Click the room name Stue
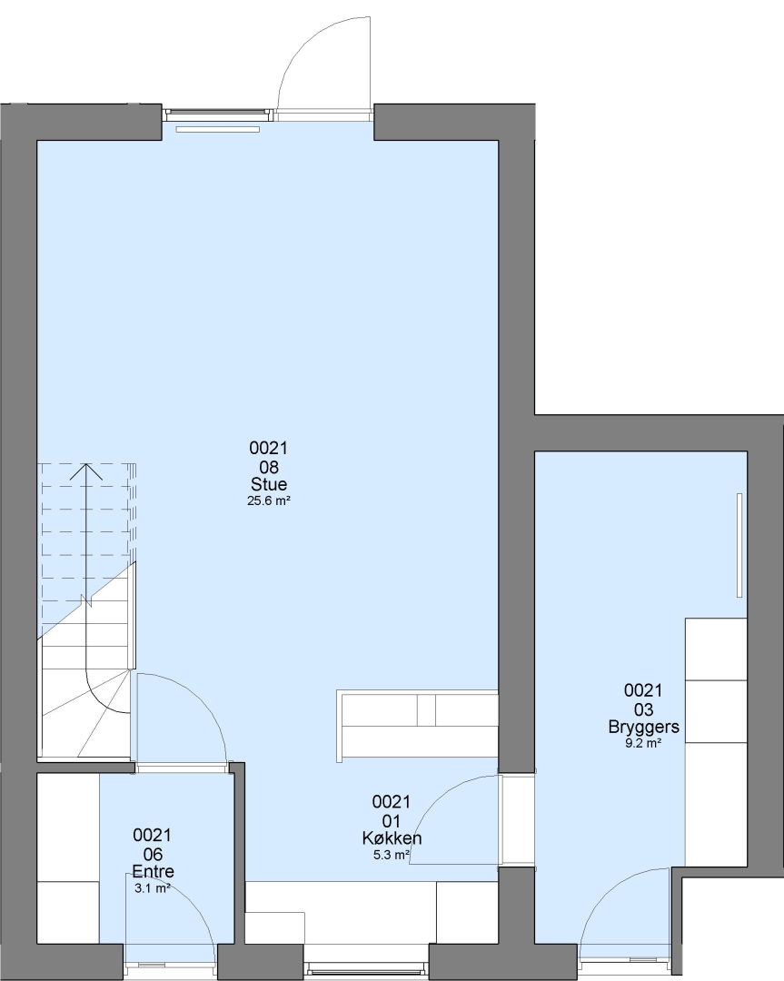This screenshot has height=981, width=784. pos(269,484)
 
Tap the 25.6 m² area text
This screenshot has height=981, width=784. pos(269,501)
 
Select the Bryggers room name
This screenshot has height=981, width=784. pos(644,727)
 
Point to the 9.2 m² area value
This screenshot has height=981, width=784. pos(644,743)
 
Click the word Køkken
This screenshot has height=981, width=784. pos(392,837)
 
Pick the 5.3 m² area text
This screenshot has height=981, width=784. pos(392,855)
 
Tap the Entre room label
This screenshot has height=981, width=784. pos(154,871)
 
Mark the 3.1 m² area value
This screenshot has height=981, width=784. pos(153,888)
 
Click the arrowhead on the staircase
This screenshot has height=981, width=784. pos(85,471)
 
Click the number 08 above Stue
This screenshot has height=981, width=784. pos(269,468)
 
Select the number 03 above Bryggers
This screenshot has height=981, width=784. pos(644,709)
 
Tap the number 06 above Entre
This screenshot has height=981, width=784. pos(154,855)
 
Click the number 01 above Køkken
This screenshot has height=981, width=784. pos(392,821)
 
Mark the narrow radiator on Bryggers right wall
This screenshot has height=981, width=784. pos(739,545)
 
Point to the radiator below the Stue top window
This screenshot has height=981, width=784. pos(218,130)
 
